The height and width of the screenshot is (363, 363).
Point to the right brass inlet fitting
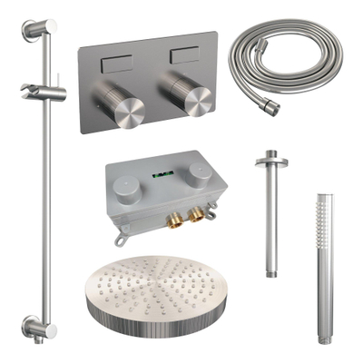click(195, 216)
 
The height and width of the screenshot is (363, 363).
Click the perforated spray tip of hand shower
click(325, 211)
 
